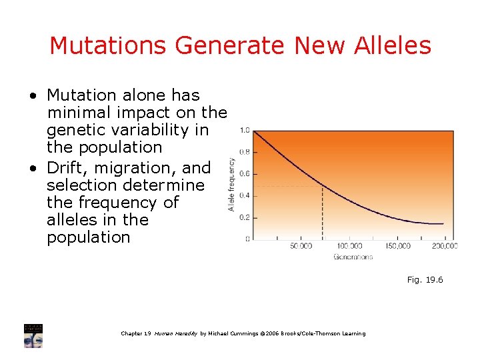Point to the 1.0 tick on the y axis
(x=245, y=131)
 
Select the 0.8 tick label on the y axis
(x=245, y=152)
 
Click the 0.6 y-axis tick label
(x=245, y=174)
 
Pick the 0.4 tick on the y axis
(x=245, y=195)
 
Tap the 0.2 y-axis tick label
(x=245, y=217)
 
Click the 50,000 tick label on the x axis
(x=301, y=247)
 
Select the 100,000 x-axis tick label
(x=349, y=247)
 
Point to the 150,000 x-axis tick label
(x=398, y=247)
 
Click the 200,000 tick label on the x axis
(x=444, y=247)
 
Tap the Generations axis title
(x=353, y=257)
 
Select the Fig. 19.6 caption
(x=425, y=280)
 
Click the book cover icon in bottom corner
(x=33, y=336)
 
